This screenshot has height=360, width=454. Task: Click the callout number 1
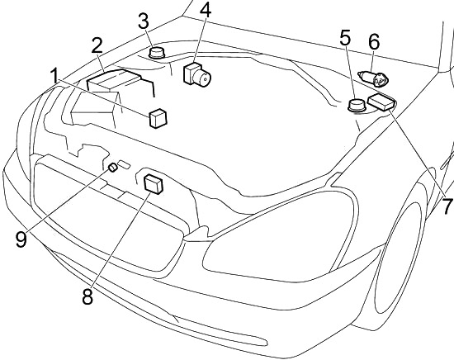54,77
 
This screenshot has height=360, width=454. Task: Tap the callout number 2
97,45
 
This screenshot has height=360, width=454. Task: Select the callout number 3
144,21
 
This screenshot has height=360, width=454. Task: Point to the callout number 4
206,11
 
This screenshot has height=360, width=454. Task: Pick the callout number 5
345,38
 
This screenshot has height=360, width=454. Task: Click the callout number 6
374,42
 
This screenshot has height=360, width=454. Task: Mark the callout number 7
447,206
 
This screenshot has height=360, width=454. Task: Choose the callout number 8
87,296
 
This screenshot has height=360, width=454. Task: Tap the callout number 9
21,239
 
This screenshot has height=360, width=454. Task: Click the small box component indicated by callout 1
158,118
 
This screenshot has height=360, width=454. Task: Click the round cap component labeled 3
157,52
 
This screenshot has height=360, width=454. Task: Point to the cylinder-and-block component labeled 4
197,73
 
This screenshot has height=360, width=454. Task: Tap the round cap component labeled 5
357,106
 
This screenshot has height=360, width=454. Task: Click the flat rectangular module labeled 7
381,102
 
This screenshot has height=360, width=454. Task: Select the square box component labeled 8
154,184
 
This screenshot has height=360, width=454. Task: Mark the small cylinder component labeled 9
112,168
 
